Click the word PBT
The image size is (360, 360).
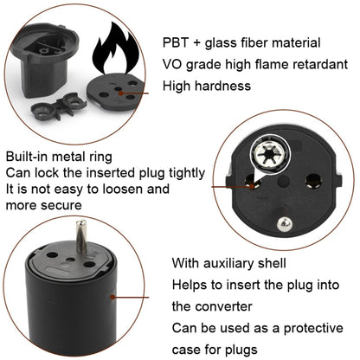pyautogui.click(x=177, y=42)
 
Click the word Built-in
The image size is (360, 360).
pyautogui.click(x=27, y=157)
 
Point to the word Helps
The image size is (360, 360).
pyautogui.click(x=188, y=285)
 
